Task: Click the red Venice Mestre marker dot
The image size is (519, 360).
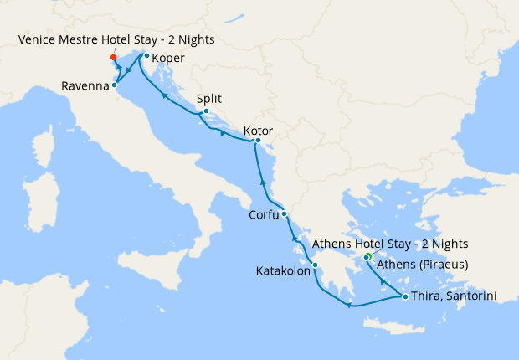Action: click(x=114, y=58)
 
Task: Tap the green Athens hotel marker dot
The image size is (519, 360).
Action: click(x=367, y=256)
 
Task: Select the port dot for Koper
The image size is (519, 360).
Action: click(x=146, y=56)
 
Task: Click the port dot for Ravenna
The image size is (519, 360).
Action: click(x=115, y=85)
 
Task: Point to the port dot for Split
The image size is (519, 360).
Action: click(x=206, y=111)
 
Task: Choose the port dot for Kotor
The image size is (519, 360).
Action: click(x=258, y=141)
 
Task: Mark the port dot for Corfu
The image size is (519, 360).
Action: click(x=285, y=213)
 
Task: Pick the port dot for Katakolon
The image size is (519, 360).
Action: click(x=315, y=266)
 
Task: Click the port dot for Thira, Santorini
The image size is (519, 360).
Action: click(x=405, y=296)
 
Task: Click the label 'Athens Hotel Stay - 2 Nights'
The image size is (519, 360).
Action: click(x=389, y=244)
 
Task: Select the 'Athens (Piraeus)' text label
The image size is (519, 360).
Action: click(x=422, y=265)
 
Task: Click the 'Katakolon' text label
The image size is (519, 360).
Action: click(x=282, y=271)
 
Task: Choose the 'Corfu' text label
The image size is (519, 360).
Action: click(x=265, y=215)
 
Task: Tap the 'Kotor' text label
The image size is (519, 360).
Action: click(x=258, y=131)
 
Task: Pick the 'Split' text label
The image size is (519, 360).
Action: click(x=209, y=98)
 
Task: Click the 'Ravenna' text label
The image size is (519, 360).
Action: click(x=85, y=85)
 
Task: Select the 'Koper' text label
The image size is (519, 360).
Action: click(x=168, y=59)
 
